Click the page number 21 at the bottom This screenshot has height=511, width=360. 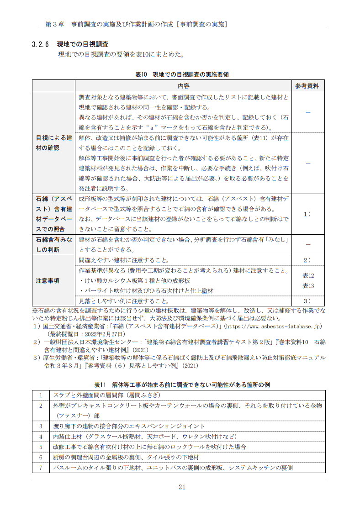click(181, 487)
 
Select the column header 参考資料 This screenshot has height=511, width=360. click(307, 86)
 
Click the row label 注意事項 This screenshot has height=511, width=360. click(48, 281)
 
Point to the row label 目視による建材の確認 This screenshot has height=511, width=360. click(54, 143)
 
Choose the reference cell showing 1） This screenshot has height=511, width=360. click(307, 214)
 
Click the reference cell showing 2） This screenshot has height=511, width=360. click(307, 260)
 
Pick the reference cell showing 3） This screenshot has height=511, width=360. click(307, 301)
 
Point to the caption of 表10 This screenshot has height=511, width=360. click(182, 74)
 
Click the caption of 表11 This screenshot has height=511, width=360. click(182, 385)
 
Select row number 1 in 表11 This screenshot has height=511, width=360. click(41, 395)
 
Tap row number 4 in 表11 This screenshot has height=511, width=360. click(41, 437)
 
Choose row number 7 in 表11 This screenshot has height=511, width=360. click(41, 468)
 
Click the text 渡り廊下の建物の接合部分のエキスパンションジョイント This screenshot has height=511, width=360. click(129, 426)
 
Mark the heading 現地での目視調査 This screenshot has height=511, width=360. click(82, 45)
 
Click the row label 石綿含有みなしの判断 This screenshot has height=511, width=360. click(54, 245)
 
